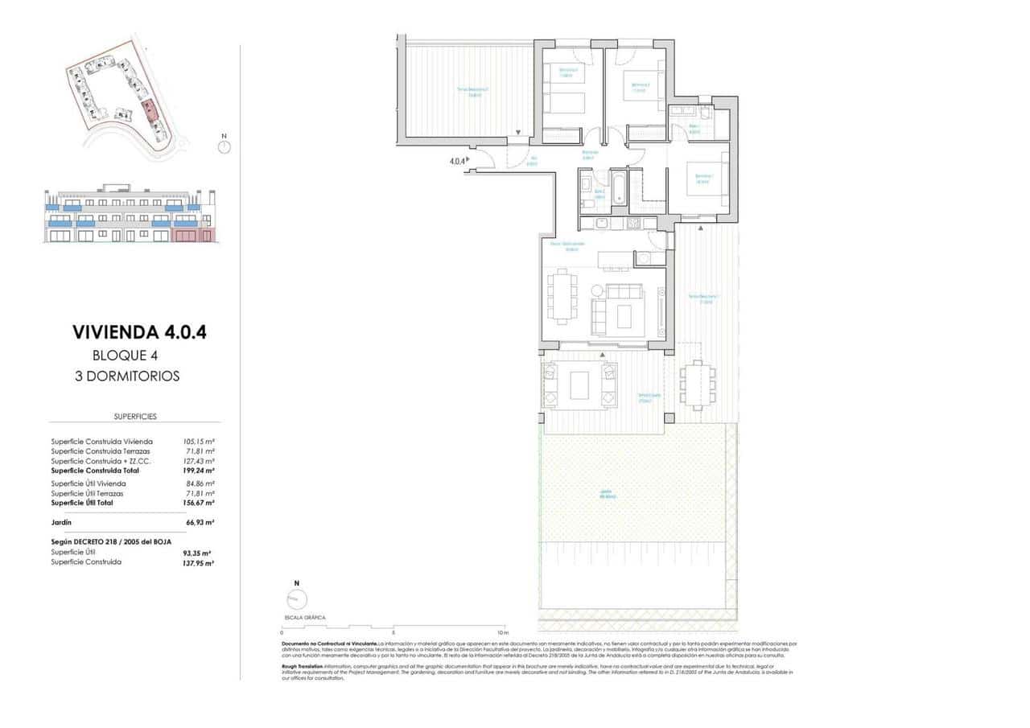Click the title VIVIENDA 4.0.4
point(139,332)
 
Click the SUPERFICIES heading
point(135,417)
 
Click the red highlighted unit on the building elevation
point(194,235)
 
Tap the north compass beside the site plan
point(225,146)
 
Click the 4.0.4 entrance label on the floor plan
point(459,161)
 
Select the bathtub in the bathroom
point(617,187)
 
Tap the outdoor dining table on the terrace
point(693,385)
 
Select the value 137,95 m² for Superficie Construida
point(198,563)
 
